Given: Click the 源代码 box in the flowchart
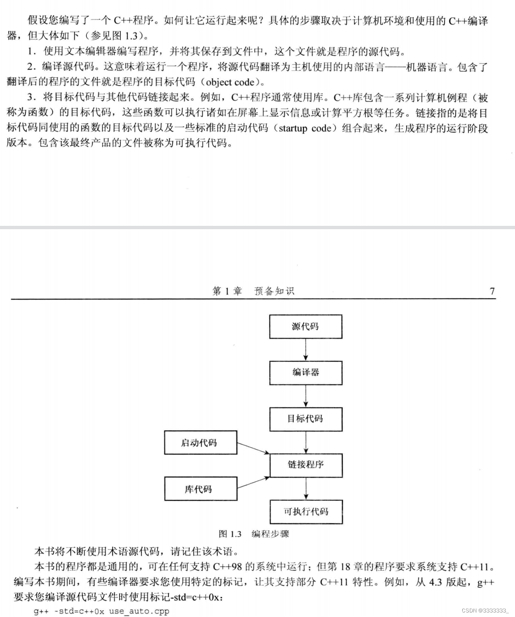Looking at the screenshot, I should pos(306,326).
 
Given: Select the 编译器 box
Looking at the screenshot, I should pos(306,373).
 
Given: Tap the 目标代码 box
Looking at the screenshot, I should pos(306,419).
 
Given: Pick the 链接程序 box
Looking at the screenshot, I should pos(306,465).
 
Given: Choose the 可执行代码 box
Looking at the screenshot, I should pos(306,511).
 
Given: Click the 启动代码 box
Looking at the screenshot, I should pos(201,443).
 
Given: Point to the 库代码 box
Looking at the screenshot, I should pos(201,489).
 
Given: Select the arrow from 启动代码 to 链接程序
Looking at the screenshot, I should pos(253,448).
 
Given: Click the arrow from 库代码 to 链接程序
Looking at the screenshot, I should pos(253,483).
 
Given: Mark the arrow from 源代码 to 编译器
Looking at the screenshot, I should pos(306,350).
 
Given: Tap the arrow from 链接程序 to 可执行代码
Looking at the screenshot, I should pos(306,488).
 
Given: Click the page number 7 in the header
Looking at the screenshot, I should pos(492,291).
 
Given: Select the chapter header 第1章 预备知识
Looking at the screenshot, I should pos(253,291).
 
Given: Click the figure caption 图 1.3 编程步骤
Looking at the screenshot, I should pos(254,534).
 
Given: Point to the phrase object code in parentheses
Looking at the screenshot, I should pos(230,82).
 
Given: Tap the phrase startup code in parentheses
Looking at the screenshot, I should pos(305,128).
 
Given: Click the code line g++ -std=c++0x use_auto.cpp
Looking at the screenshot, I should pos(101,611).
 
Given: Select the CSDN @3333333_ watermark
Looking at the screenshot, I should pos(485,610).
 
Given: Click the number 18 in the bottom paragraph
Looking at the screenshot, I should pos(345,567).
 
